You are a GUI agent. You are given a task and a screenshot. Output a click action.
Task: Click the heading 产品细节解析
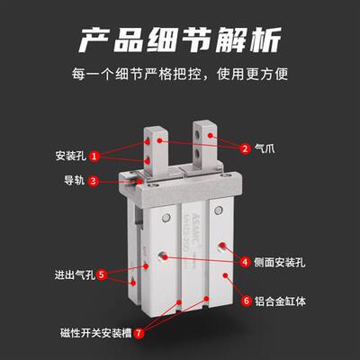[180, 40]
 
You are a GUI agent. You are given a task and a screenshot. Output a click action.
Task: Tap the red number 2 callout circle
[244, 148]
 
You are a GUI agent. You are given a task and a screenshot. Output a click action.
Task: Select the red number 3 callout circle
[94, 180]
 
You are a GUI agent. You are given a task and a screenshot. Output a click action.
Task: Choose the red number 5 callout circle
[102, 274]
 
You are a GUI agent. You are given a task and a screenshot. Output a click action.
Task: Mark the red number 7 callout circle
[139, 332]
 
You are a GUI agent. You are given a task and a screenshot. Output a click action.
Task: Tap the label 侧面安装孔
[278, 262]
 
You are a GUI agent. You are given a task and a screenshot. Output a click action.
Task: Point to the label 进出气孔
[72, 274]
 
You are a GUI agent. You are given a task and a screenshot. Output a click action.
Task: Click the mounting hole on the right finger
[212, 135]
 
